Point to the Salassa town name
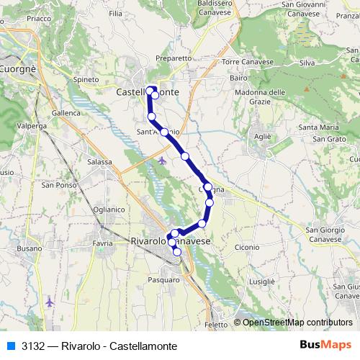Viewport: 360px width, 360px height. coord(99,162)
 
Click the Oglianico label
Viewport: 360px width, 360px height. coord(109,208)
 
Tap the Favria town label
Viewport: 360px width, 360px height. coord(102,243)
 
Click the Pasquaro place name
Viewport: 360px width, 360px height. coord(163,277)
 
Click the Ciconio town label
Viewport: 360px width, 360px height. coord(246,248)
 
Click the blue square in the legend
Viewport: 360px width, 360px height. coord(11,345)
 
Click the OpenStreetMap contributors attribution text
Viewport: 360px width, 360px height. coord(295,323)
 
